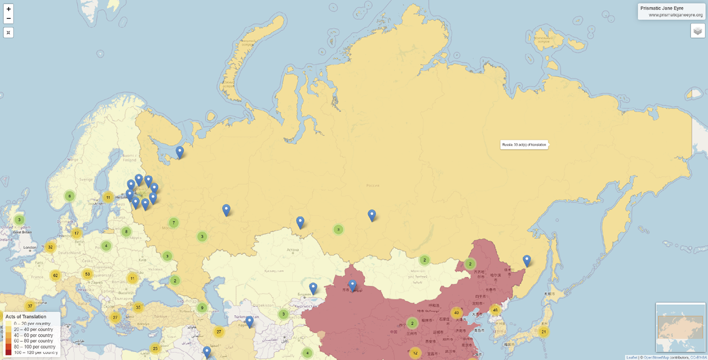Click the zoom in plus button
tap(9, 9)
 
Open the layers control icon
tap(697, 31)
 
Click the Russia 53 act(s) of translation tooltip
tap(524, 145)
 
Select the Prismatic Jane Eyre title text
tap(662, 8)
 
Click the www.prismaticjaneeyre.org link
tap(675, 15)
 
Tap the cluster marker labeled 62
tap(55, 275)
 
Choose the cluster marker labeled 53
tap(87, 274)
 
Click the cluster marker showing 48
tap(495, 310)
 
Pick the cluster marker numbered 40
tap(457, 313)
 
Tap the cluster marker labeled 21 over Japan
tap(544, 332)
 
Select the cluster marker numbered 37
tap(30, 306)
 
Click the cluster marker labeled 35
tap(138, 308)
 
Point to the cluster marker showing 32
tap(50, 247)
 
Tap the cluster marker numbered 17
tap(77, 234)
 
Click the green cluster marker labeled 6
tap(69, 196)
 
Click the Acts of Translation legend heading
tap(26, 316)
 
